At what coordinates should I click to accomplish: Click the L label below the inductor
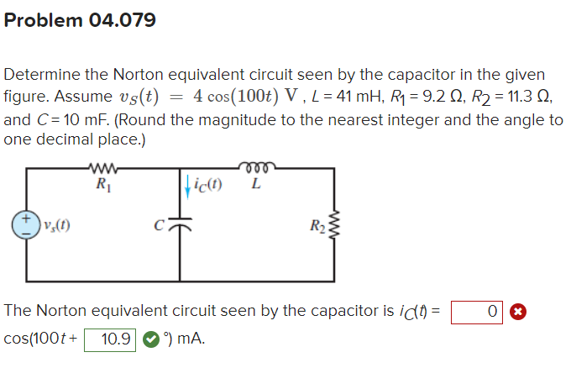[x=255, y=185]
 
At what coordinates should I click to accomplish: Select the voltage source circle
[x=25, y=224]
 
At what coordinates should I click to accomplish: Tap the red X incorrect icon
[x=518, y=312]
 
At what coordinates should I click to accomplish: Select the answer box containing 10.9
[x=110, y=339]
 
